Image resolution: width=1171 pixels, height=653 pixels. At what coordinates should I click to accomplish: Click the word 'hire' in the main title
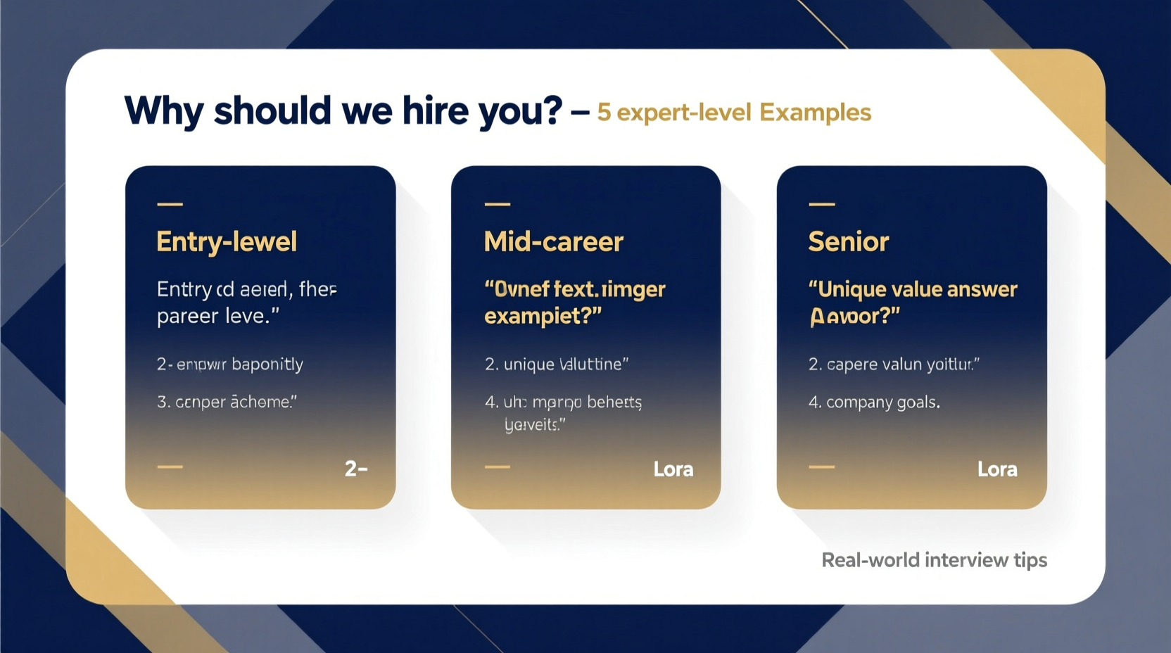[x=435, y=110]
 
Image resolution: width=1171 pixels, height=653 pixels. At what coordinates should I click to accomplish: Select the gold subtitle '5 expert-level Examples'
[x=734, y=113]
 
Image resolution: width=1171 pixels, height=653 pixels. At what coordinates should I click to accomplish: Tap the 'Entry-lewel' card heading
[x=227, y=242]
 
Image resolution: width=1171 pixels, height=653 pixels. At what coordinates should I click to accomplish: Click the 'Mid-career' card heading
[x=554, y=242]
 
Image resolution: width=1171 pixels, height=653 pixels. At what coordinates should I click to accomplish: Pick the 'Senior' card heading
[x=849, y=242]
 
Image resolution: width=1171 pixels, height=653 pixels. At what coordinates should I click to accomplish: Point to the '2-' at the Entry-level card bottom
[x=355, y=469]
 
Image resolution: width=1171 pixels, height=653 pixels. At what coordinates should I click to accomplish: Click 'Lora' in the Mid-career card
[x=673, y=469]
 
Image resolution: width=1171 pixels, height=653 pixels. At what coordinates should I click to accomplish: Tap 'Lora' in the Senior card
[x=997, y=469]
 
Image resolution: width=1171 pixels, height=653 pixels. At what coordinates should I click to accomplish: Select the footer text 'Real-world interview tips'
[x=934, y=560]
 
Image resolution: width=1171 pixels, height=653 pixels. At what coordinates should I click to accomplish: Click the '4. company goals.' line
[x=874, y=402]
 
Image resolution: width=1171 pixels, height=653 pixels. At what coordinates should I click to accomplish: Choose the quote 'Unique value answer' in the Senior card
[x=913, y=289]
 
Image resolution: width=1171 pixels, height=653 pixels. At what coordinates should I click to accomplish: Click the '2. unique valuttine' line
[x=556, y=364]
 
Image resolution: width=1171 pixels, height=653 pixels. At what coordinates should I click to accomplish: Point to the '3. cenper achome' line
[x=227, y=402]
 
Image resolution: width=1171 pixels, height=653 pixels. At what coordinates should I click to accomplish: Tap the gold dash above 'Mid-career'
[x=498, y=204]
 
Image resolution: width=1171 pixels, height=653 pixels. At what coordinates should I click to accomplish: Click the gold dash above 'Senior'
[x=821, y=204]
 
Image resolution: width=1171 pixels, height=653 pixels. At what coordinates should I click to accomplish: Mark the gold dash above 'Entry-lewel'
[x=170, y=204]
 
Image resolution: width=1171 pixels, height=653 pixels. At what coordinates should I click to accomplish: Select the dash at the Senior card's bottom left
[x=821, y=467]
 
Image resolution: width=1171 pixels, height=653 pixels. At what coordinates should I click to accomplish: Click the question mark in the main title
[x=552, y=110]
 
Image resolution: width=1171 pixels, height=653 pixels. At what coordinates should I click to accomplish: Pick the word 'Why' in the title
[x=164, y=110]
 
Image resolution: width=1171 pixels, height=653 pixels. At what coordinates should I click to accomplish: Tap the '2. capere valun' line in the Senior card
[x=894, y=364]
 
